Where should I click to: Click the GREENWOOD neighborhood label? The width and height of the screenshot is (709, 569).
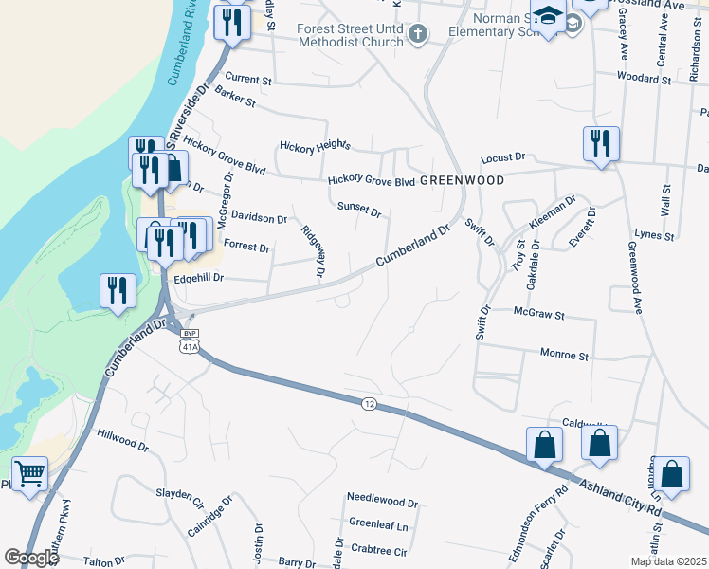(462, 179)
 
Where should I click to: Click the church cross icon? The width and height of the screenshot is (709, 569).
(417, 34)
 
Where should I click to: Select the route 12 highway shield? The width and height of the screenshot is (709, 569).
(369, 404)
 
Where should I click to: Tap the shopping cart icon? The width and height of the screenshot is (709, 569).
(29, 472)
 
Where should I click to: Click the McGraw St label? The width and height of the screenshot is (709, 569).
(538, 314)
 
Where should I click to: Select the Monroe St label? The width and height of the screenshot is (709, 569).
(564, 356)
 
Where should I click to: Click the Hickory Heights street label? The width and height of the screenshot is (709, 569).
(315, 146)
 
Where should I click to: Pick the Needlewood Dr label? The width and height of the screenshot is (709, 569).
(382, 501)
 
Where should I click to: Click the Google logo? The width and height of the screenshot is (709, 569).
(30, 558)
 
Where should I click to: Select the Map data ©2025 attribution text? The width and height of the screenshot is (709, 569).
(668, 561)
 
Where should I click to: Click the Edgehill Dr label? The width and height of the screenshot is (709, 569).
(197, 278)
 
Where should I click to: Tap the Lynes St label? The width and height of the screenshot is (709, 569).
(654, 234)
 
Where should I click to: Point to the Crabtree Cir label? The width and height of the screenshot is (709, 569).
(377, 550)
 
